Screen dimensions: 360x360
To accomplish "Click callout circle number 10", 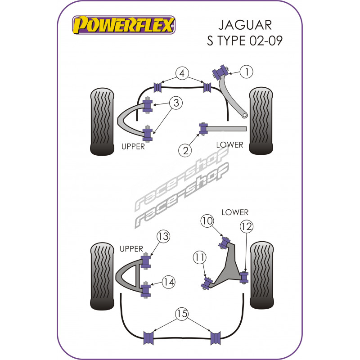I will pyautogui.click(x=208, y=221).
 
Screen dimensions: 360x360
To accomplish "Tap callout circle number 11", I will pyautogui.click(x=199, y=258).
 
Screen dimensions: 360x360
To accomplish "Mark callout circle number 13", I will pyautogui.click(x=162, y=236).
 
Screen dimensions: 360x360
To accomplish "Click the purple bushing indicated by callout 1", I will pyautogui.click(x=222, y=71).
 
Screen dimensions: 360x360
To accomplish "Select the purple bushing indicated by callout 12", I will pyautogui.click(x=244, y=276).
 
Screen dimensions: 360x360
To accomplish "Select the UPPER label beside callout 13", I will pyautogui.click(x=131, y=248).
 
